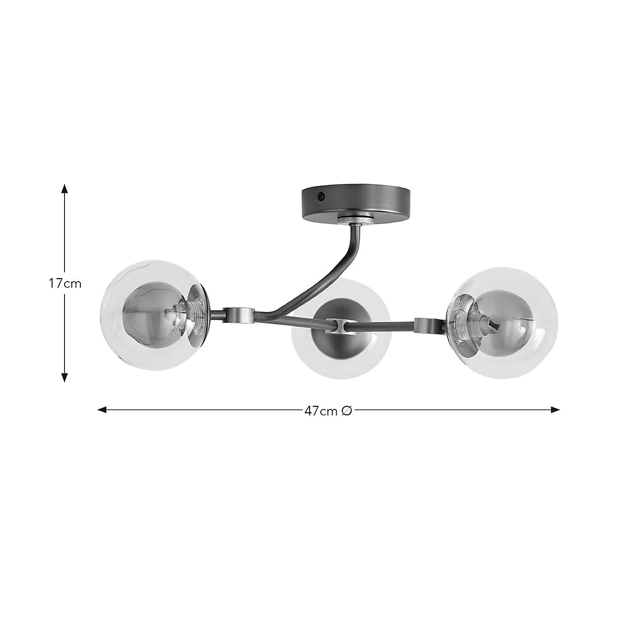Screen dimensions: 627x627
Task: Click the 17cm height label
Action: pyautogui.click(x=65, y=284)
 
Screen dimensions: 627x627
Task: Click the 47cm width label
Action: pyautogui.click(x=321, y=410)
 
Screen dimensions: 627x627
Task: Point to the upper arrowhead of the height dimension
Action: pyautogui.click(x=65, y=188)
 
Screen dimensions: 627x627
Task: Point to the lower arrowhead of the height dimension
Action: pyautogui.click(x=65, y=378)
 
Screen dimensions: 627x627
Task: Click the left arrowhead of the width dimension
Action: pyautogui.click(x=102, y=410)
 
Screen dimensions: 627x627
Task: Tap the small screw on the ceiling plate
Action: pyautogui.click(x=320, y=196)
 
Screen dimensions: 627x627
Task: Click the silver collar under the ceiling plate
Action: pyautogui.click(x=355, y=220)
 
